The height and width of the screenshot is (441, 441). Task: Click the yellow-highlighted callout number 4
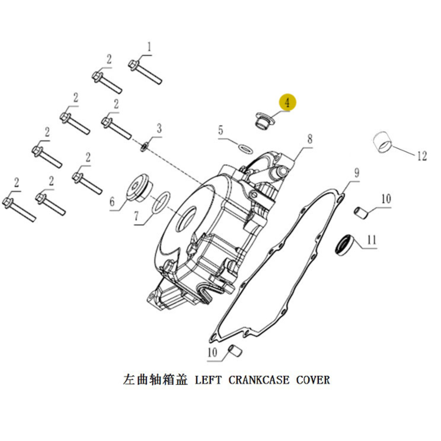click(287, 103)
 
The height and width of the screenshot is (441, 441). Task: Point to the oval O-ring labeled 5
click(245, 149)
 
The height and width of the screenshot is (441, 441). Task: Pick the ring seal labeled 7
click(161, 202)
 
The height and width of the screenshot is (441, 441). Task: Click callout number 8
click(309, 139)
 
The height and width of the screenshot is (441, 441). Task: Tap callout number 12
click(422, 156)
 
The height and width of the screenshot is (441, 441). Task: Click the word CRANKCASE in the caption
click(259, 380)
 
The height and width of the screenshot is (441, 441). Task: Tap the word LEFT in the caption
click(208, 380)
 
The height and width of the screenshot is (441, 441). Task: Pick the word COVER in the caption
click(313, 380)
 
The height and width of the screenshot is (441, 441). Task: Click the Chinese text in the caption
click(155, 380)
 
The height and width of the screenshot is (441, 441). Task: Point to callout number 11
click(372, 240)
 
